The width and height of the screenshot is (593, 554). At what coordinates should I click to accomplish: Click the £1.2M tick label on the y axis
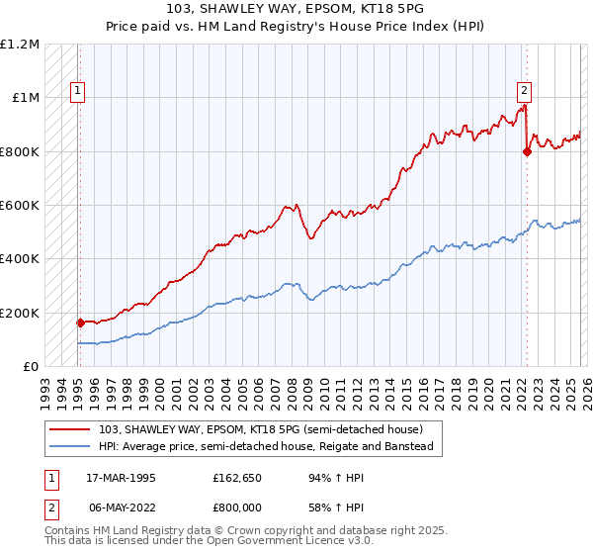pos(20,45)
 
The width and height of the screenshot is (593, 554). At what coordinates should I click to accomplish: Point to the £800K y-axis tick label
pos(20,151)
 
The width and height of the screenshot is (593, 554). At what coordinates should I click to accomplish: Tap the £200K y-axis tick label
pos(20,313)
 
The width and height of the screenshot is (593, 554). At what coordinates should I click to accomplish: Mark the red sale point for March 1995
pos(80,323)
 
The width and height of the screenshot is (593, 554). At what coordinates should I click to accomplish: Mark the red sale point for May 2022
pos(527,151)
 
